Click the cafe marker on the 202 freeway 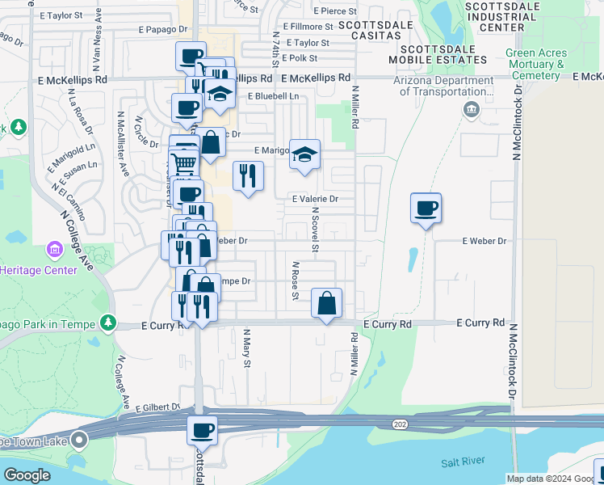(203, 429)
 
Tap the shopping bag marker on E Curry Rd (326, 304)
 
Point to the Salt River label (461, 463)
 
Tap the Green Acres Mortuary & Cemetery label (536, 65)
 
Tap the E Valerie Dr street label (315, 199)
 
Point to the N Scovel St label (315, 227)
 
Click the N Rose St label (296, 280)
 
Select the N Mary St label (247, 347)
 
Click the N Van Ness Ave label (98, 32)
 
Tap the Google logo (27, 475)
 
